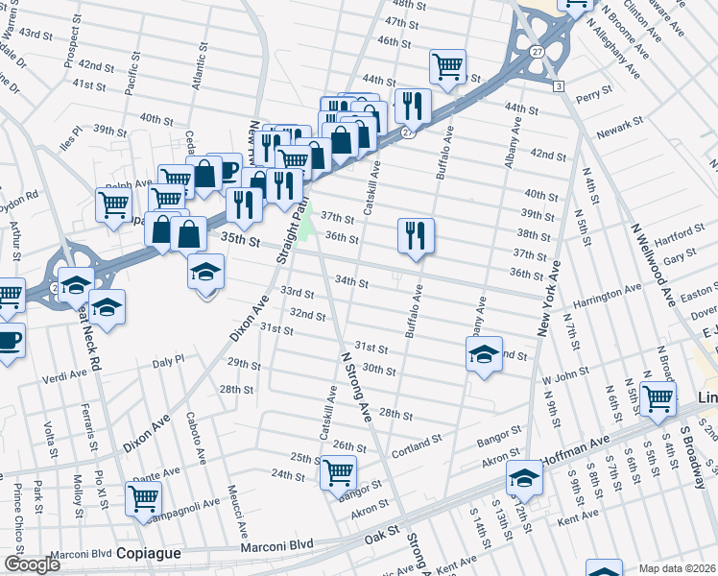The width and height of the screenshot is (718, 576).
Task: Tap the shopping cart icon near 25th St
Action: coord(338,471)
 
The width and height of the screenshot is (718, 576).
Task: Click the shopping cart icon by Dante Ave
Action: coord(143,498)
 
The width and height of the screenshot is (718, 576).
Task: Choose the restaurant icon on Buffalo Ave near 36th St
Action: coord(416,234)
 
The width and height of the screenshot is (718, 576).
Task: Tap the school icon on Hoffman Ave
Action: coord(524,477)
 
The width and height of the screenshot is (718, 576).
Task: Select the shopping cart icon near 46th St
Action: coord(447,66)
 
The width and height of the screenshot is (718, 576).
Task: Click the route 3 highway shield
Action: coord(558,87)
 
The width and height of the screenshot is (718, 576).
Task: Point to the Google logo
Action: coord(32,564)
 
